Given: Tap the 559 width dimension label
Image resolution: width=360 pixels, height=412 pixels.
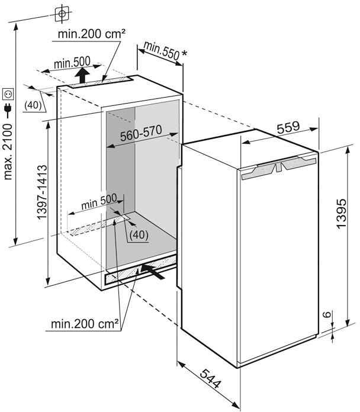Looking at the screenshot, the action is (288, 127).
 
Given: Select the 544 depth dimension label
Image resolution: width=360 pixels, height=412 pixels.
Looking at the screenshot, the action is (210, 378).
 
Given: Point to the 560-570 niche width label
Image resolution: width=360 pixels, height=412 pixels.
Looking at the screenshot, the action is (141, 133).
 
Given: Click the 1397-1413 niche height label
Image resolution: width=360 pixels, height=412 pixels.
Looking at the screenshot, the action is (42, 192).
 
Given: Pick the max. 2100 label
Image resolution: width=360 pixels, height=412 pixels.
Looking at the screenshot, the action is (8, 152).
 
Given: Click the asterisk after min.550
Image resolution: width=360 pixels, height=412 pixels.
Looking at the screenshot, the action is (184, 54).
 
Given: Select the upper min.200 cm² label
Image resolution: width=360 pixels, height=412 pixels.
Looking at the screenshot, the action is (91, 34).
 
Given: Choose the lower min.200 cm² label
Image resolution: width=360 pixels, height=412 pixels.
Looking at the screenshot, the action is (85, 324).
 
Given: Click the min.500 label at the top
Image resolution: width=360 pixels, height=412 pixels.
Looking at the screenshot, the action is (72, 63).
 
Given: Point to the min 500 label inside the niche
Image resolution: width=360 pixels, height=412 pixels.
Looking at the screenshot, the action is (99, 202).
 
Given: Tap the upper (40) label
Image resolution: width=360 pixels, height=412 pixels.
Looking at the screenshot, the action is (33, 105).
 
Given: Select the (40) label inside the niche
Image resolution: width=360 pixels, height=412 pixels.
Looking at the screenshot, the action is (139, 234).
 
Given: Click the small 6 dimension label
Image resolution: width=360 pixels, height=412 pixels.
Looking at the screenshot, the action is (326, 314).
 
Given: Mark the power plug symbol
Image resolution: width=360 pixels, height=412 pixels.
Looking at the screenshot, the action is (8, 110).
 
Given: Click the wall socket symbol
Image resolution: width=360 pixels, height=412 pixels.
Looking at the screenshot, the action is (8, 94).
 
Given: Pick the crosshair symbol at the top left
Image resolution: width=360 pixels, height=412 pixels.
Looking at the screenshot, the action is (62, 14).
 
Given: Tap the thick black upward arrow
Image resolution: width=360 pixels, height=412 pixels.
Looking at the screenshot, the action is (82, 75).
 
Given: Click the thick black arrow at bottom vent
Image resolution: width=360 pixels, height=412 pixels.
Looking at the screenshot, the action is (153, 272).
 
